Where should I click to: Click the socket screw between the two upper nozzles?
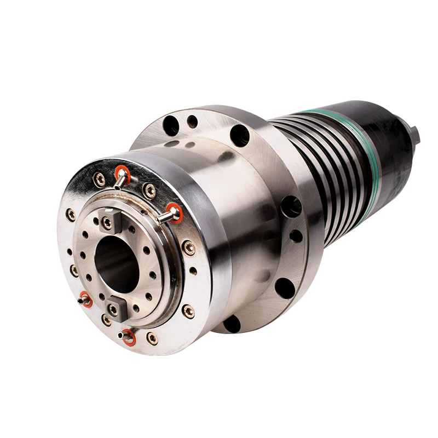149,189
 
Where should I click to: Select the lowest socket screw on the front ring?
152,338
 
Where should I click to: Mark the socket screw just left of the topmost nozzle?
99,179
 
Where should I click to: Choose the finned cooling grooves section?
312,164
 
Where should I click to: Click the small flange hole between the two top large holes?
192,122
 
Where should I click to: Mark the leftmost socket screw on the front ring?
71,214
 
